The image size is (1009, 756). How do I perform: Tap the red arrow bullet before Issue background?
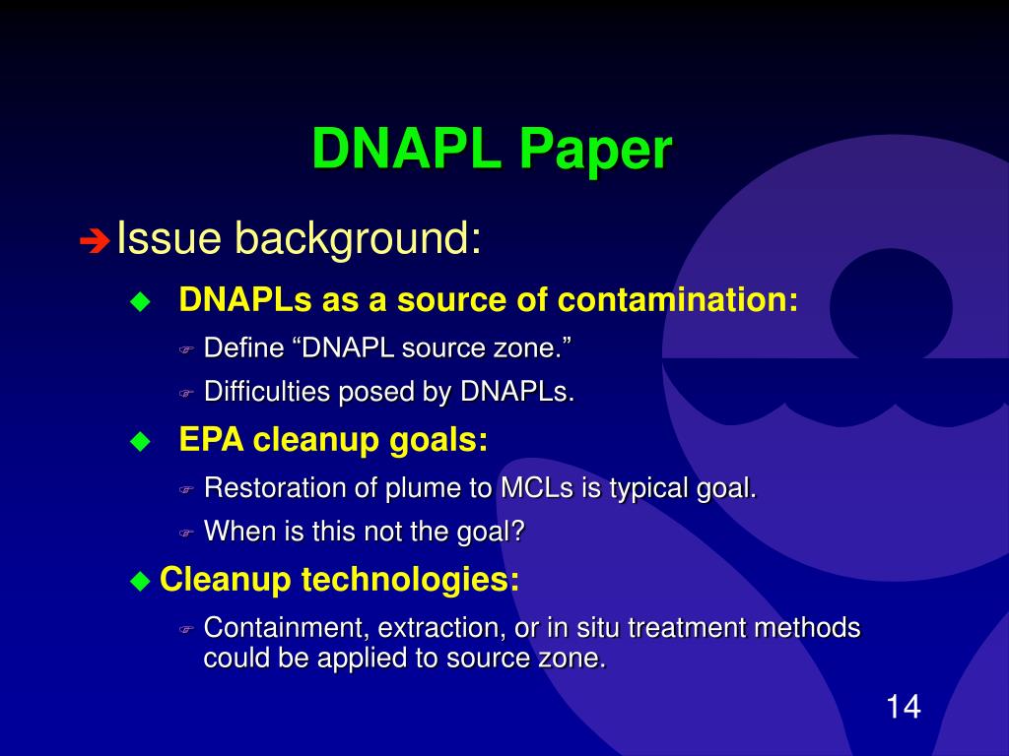coord(95,240)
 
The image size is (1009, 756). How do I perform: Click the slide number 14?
coord(903,707)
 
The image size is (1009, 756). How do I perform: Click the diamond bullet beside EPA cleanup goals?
coord(141,442)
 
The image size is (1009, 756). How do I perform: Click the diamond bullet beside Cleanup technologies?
coord(139,580)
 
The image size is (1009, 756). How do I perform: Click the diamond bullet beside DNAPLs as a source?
coord(141,301)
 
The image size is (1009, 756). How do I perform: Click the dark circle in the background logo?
coord(890,306)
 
